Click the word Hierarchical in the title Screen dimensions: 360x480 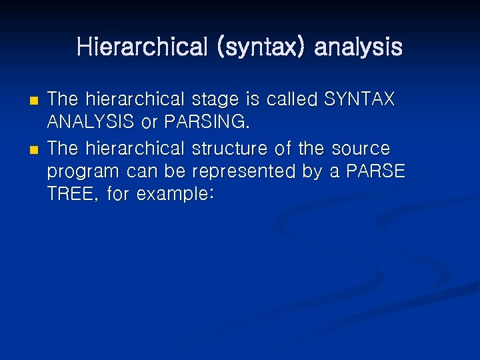point(141,47)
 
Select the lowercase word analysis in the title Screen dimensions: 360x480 point(358,47)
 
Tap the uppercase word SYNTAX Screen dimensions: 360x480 point(359,99)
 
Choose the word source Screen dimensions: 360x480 point(360,147)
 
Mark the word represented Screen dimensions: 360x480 point(244,171)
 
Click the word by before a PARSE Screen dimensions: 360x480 point(312,171)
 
